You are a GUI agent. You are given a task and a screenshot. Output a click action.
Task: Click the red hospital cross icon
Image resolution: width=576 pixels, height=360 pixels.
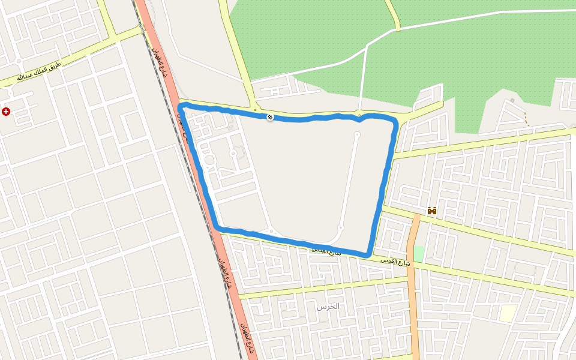coord(6,112)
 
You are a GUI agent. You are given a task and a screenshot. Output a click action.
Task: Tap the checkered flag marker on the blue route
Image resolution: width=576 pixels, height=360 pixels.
coord(270,117)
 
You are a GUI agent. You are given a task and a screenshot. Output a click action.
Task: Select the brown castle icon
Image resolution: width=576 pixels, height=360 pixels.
coord(431,211)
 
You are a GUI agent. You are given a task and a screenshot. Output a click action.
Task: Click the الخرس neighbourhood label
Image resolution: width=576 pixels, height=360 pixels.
coord(328,306)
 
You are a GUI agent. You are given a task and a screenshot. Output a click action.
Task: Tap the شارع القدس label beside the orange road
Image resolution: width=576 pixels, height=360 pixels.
coord(395,262)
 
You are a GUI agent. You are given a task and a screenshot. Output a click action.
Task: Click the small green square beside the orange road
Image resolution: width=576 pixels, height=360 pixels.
coord(419,253)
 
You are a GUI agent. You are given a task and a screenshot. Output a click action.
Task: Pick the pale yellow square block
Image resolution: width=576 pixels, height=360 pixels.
coord(508,313)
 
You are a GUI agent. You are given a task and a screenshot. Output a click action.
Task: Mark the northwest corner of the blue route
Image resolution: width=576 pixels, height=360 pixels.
coord(181,107)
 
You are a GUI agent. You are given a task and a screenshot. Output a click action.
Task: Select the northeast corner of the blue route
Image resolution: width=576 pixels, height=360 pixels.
coord(394,122)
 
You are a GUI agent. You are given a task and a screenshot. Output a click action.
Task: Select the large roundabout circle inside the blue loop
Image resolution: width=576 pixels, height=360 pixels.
coord(210,160)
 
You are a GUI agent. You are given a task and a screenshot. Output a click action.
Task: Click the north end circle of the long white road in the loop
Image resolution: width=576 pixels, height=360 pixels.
coord(357,134)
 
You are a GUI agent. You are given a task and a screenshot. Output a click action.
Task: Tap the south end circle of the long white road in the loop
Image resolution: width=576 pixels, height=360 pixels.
coord(340,227)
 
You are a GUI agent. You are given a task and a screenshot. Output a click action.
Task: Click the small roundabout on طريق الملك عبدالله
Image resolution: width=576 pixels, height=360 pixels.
coord(19,61)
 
